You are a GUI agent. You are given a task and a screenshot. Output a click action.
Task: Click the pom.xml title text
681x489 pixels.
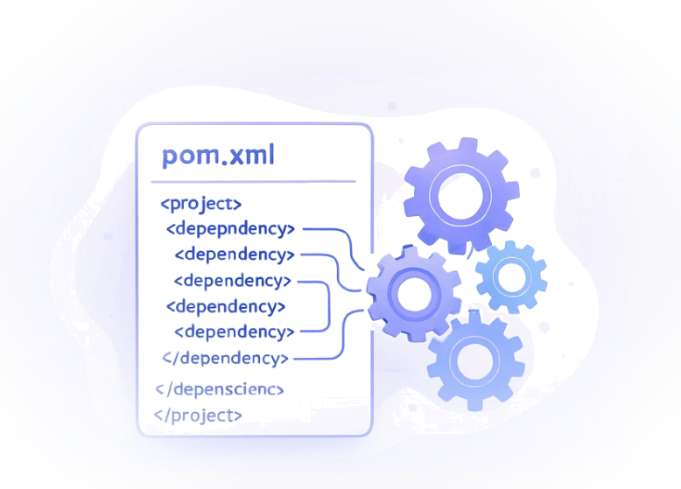click(x=218, y=156)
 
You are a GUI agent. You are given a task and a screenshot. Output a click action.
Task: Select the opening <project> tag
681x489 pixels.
click(x=200, y=204)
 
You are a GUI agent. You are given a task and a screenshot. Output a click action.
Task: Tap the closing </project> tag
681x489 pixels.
click(x=198, y=415)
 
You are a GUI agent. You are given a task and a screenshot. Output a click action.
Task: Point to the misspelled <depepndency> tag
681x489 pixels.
click(x=230, y=229)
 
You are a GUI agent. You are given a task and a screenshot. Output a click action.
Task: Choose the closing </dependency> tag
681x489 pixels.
click(x=225, y=358)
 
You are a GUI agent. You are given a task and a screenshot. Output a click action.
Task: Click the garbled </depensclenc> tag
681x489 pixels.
click(x=219, y=388)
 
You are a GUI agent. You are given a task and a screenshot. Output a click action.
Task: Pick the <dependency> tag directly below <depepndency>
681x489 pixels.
click(x=234, y=255)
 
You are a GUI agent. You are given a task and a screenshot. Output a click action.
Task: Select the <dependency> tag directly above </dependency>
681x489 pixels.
click(x=234, y=332)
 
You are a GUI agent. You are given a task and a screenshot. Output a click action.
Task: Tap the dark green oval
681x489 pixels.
click(x=341, y=244)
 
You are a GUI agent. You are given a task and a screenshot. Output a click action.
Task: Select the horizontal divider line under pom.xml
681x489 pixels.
click(x=254, y=182)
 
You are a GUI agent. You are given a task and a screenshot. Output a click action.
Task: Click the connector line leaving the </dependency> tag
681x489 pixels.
click(x=319, y=358)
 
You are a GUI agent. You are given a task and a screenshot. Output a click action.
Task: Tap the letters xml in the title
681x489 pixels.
click(x=249, y=156)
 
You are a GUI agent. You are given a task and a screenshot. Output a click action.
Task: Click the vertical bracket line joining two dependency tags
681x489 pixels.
click(x=328, y=306)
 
